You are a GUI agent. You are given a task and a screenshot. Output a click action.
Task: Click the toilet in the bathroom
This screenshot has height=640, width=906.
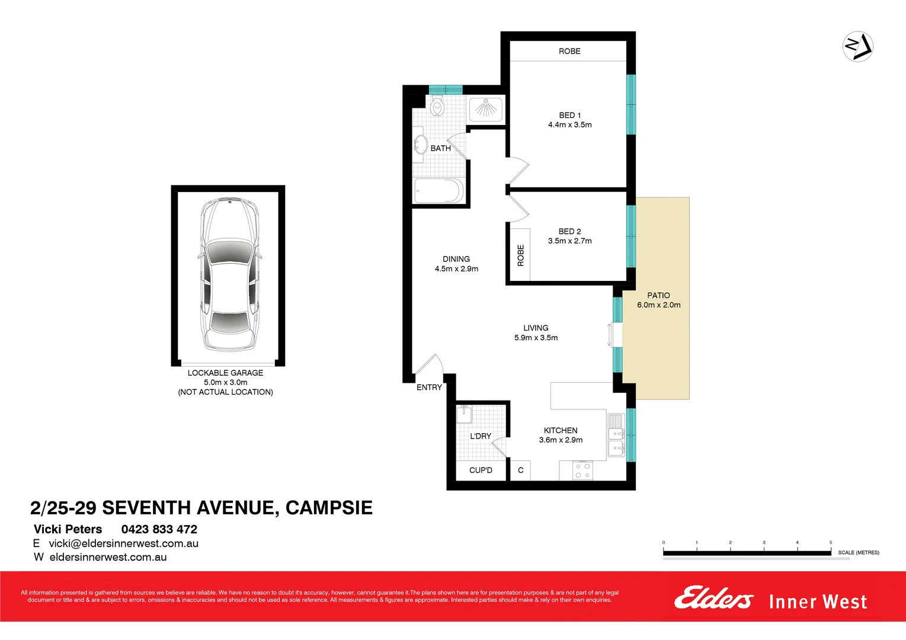[437, 107]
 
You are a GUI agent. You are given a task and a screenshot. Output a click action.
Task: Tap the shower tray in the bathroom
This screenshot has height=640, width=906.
[486, 110]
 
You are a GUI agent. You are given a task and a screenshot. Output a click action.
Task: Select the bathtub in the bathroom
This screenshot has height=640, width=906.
[438, 191]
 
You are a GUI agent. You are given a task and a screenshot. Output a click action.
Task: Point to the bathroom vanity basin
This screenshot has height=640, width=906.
[421, 145]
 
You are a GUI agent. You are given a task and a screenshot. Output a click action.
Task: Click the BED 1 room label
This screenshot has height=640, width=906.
[569, 115]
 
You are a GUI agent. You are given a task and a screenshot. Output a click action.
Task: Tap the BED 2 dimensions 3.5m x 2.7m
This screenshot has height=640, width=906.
[569, 241]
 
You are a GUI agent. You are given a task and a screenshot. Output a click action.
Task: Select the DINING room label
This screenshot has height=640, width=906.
[456, 259]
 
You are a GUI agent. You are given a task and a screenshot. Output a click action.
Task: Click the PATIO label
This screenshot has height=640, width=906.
[658, 295]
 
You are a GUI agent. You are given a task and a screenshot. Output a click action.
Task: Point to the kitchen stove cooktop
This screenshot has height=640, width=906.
[582, 471]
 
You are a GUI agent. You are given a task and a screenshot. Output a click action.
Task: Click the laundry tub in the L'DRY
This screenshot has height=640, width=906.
[464, 414]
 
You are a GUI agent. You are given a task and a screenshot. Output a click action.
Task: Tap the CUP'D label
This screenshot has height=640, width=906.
[481, 471]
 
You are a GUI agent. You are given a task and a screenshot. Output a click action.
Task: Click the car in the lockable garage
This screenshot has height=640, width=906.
[229, 274]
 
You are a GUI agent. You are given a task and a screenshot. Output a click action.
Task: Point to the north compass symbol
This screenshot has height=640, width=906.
[857, 46]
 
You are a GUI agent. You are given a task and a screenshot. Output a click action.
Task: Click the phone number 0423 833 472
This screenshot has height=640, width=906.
[159, 529]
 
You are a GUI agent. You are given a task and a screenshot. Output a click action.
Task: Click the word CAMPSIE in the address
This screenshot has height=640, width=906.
[329, 508]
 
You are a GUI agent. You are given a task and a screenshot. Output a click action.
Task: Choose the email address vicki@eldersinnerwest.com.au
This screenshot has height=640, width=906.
[123, 543]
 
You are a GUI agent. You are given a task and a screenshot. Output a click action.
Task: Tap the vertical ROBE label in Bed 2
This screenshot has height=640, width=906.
[521, 255]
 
